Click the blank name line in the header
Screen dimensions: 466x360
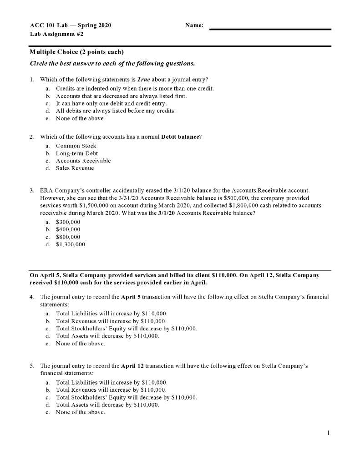[x=270, y=29]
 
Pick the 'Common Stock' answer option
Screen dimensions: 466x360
[x=76, y=146]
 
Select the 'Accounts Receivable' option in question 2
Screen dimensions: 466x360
[x=83, y=161]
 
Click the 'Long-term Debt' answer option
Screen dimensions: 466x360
[x=77, y=153]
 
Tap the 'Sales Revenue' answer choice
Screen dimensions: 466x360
[x=75, y=168]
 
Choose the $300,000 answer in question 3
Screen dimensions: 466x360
[x=68, y=222]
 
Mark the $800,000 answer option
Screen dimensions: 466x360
[x=68, y=237]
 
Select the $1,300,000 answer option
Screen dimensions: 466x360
[x=70, y=244]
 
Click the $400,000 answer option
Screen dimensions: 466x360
[x=68, y=230]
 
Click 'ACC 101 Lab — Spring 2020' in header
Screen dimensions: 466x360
[x=71, y=25]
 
